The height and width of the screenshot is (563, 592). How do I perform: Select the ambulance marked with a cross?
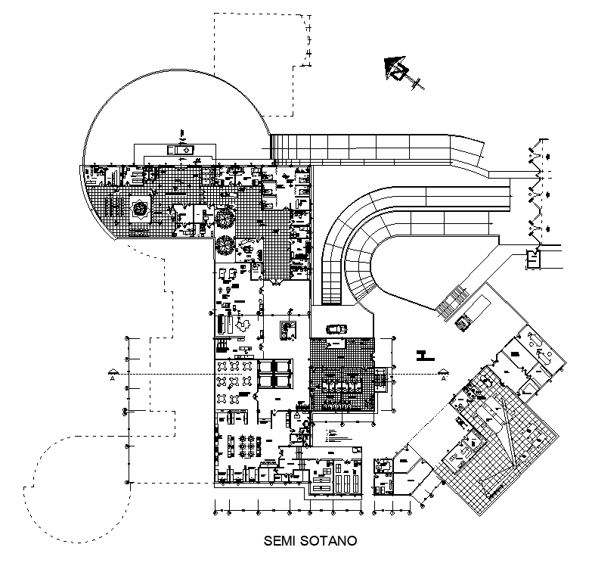(180, 150)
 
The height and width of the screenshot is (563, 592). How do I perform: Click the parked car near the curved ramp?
(336, 329)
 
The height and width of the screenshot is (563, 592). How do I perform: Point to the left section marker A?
(113, 372)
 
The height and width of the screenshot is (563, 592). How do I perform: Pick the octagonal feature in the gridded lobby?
(140, 210)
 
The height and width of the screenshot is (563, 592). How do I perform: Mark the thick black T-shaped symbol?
(423, 353)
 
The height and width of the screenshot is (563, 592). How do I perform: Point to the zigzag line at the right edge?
(538, 193)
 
